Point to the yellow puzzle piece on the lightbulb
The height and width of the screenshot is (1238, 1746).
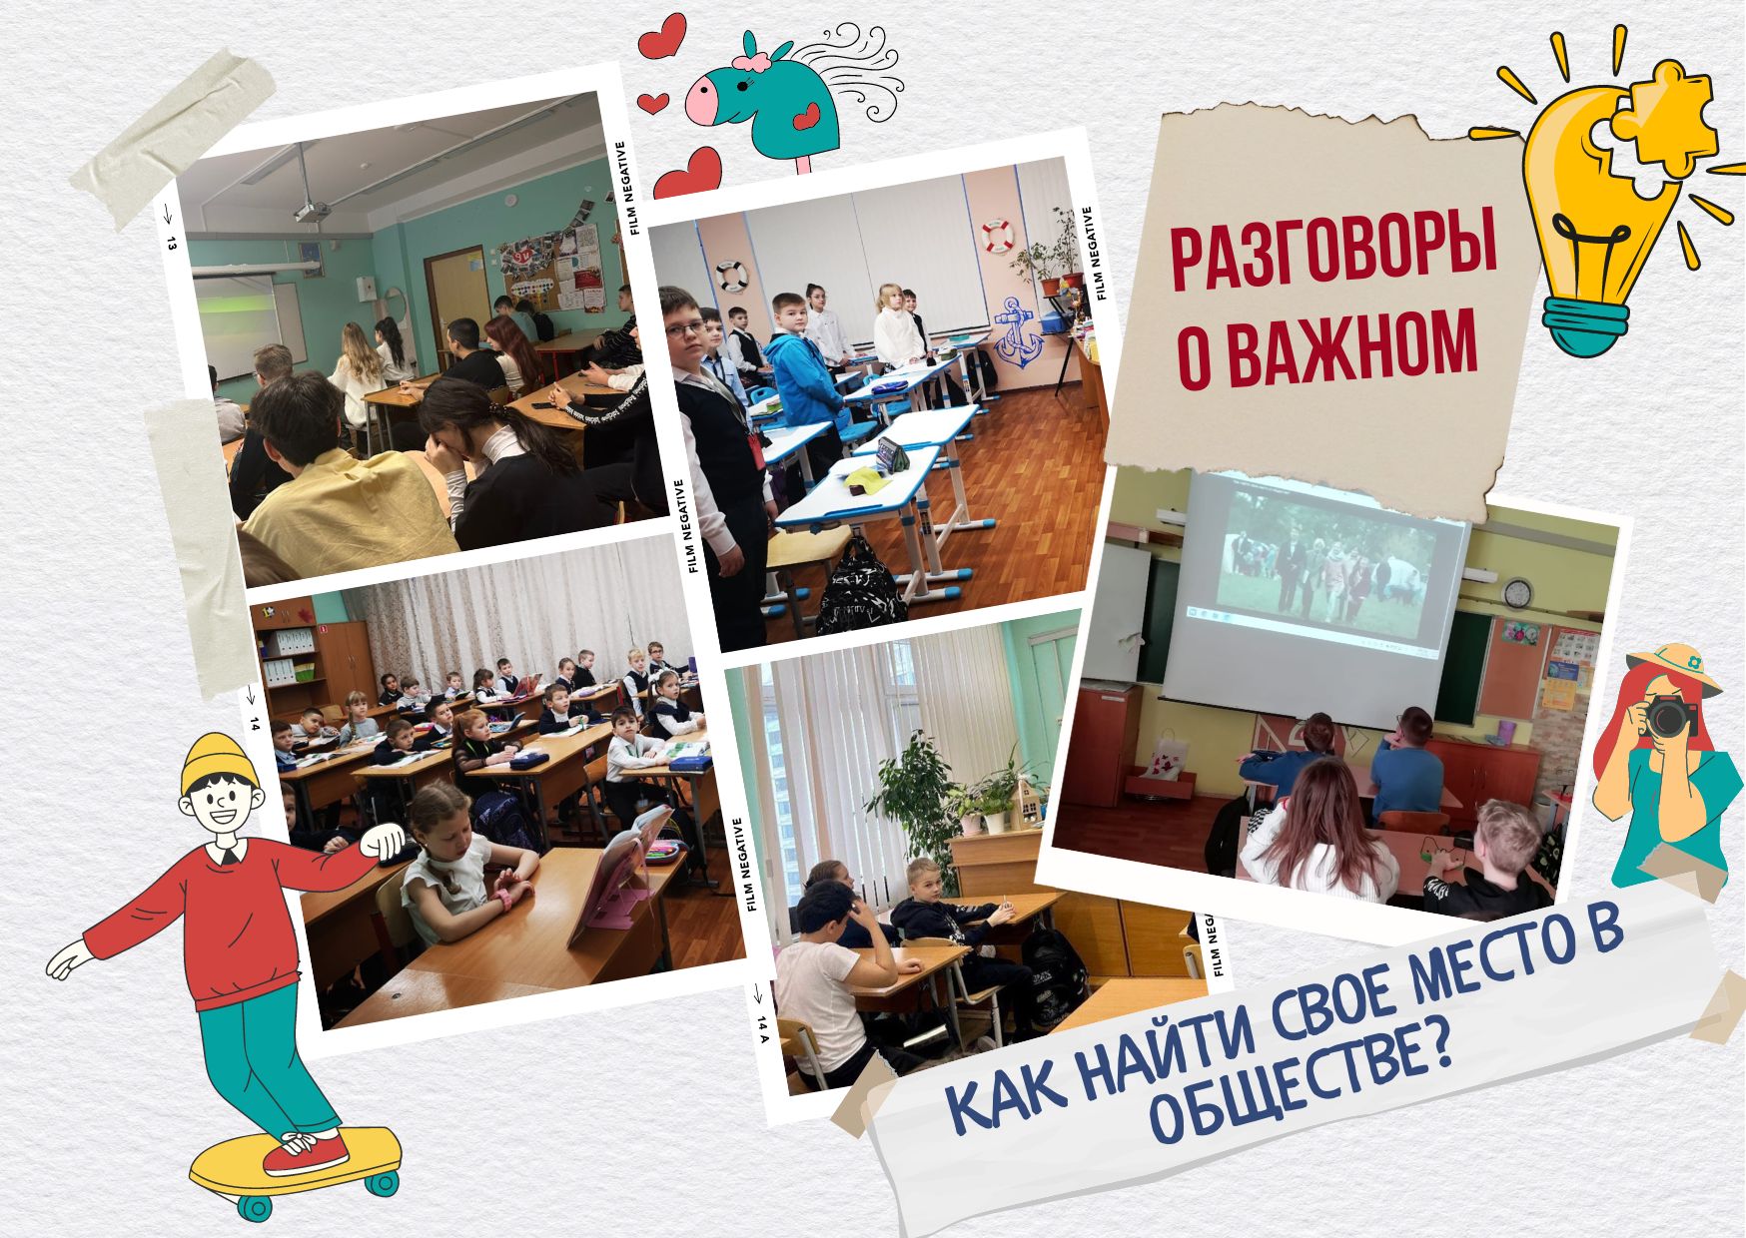coord(1662,112)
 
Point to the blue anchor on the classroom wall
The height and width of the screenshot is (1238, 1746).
coord(1019,333)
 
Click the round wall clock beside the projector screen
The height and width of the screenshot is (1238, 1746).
coord(1517,593)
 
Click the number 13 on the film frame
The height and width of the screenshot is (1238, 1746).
coord(171,242)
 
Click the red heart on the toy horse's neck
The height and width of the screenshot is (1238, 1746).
coord(805,120)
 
